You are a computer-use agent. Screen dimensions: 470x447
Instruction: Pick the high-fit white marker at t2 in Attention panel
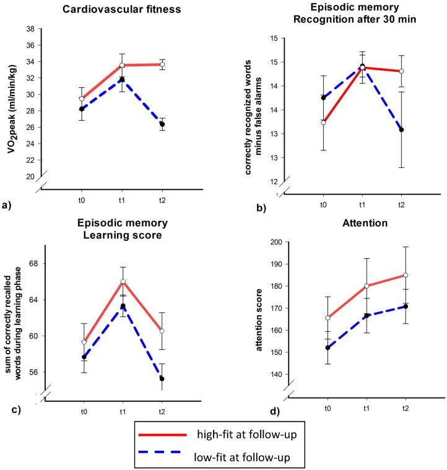click(406, 275)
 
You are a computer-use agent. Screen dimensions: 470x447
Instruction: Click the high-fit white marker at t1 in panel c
click(123, 282)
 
